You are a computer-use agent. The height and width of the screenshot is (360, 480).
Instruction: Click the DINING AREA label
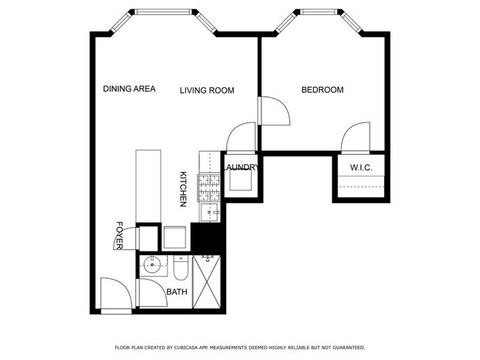(129, 89)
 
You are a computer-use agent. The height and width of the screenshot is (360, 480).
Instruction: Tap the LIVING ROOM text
(207, 90)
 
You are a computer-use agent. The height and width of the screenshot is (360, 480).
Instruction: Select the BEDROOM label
(323, 89)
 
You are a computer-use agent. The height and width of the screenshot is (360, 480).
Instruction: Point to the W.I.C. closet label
(361, 167)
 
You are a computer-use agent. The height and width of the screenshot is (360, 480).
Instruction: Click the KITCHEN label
(182, 189)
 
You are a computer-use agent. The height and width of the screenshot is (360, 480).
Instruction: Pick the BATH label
(176, 292)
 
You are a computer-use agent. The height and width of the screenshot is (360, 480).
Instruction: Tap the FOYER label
(120, 235)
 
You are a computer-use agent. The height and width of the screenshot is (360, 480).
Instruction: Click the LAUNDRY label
(241, 167)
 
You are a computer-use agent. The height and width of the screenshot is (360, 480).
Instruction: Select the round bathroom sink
(152, 265)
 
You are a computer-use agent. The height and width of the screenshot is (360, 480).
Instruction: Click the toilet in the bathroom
(181, 269)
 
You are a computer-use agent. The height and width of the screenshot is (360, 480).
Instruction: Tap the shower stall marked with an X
(207, 282)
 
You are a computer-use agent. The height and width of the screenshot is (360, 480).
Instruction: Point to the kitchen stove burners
(210, 187)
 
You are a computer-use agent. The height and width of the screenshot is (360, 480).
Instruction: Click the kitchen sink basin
(210, 212)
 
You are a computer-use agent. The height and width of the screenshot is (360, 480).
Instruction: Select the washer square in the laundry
(241, 179)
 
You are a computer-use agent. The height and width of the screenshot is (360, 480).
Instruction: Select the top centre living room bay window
(164, 12)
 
